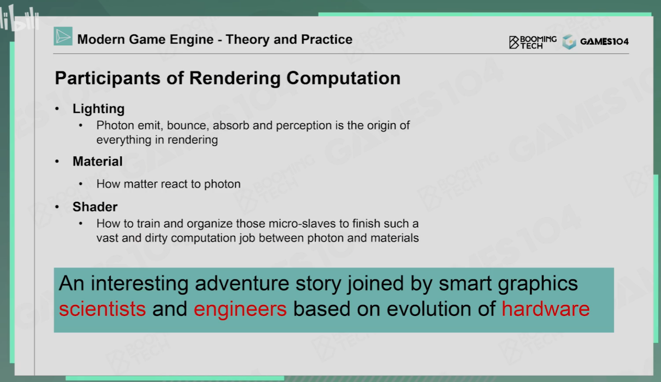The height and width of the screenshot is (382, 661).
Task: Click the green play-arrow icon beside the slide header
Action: point(63,36)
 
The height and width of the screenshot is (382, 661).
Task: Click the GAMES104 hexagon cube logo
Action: point(569,42)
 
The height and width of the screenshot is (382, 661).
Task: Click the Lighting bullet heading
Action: point(99,109)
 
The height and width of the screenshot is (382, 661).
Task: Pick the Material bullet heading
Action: point(97,161)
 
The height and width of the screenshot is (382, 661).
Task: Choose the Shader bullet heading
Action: point(95,207)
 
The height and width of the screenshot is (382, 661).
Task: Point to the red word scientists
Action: point(102,309)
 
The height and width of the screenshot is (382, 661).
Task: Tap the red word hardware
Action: point(545,309)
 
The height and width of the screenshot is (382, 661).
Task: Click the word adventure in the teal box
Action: point(242,283)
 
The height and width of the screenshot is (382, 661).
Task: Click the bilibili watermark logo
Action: point(19,18)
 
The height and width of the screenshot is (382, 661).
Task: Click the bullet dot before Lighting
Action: point(57,109)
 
